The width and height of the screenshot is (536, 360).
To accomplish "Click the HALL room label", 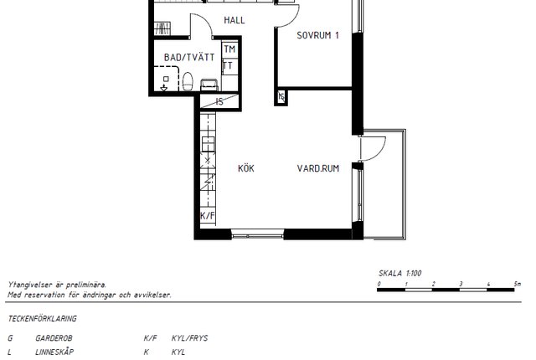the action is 234,20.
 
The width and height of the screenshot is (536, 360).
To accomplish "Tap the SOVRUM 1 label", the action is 318,35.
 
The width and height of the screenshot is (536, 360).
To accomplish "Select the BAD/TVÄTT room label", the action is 189,57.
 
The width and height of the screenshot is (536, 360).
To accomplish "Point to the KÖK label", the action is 246,168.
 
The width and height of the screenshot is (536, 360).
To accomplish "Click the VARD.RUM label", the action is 318,168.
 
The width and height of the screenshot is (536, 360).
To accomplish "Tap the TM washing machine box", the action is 229,49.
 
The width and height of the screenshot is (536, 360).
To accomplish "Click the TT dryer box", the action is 229,65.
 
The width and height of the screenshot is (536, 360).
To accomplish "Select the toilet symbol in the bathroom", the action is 188,81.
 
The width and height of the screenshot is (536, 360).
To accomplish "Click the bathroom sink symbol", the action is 209,85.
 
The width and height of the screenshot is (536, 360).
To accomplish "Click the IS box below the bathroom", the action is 219,101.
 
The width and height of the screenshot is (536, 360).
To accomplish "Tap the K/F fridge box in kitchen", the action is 208,216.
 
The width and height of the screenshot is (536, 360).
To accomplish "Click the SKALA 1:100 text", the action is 400,273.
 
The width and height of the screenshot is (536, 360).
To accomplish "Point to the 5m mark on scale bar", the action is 518,284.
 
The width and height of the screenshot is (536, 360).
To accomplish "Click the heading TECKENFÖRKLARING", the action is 43,319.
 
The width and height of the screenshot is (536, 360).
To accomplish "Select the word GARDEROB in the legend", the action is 54,338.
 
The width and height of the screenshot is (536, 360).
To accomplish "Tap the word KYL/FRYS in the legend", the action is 190,338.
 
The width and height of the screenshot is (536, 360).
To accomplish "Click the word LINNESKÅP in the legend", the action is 54,352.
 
